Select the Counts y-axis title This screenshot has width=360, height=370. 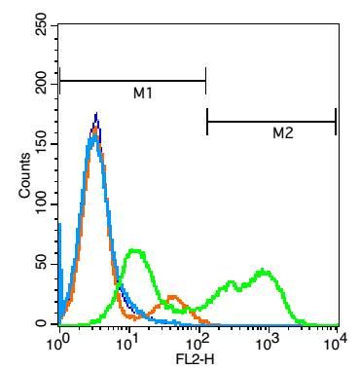(x=26, y=176)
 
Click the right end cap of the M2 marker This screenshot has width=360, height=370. (x=336, y=122)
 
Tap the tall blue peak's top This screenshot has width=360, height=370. (x=95, y=115)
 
